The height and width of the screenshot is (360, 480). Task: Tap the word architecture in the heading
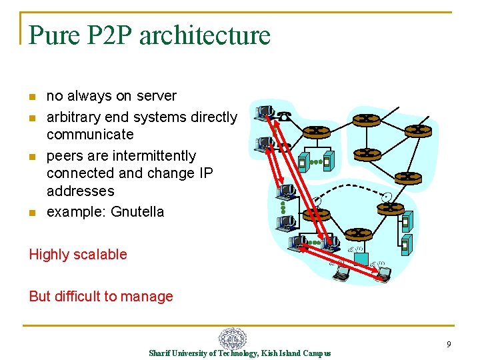click(205, 35)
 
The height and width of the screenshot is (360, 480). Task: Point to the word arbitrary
click(75, 117)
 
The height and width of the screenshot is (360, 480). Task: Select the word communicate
click(90, 135)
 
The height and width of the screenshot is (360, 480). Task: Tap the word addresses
click(81, 191)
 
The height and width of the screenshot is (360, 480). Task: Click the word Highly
click(50, 255)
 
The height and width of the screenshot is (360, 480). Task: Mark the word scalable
click(101, 255)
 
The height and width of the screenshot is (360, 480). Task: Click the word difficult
click(77, 297)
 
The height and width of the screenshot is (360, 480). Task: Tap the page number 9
click(449, 345)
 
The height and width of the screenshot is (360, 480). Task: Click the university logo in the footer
click(233, 339)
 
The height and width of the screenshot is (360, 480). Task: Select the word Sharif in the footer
click(160, 353)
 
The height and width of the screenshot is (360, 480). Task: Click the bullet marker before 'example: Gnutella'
click(32, 213)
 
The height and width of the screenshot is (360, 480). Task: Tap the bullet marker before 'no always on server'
click(32, 97)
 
